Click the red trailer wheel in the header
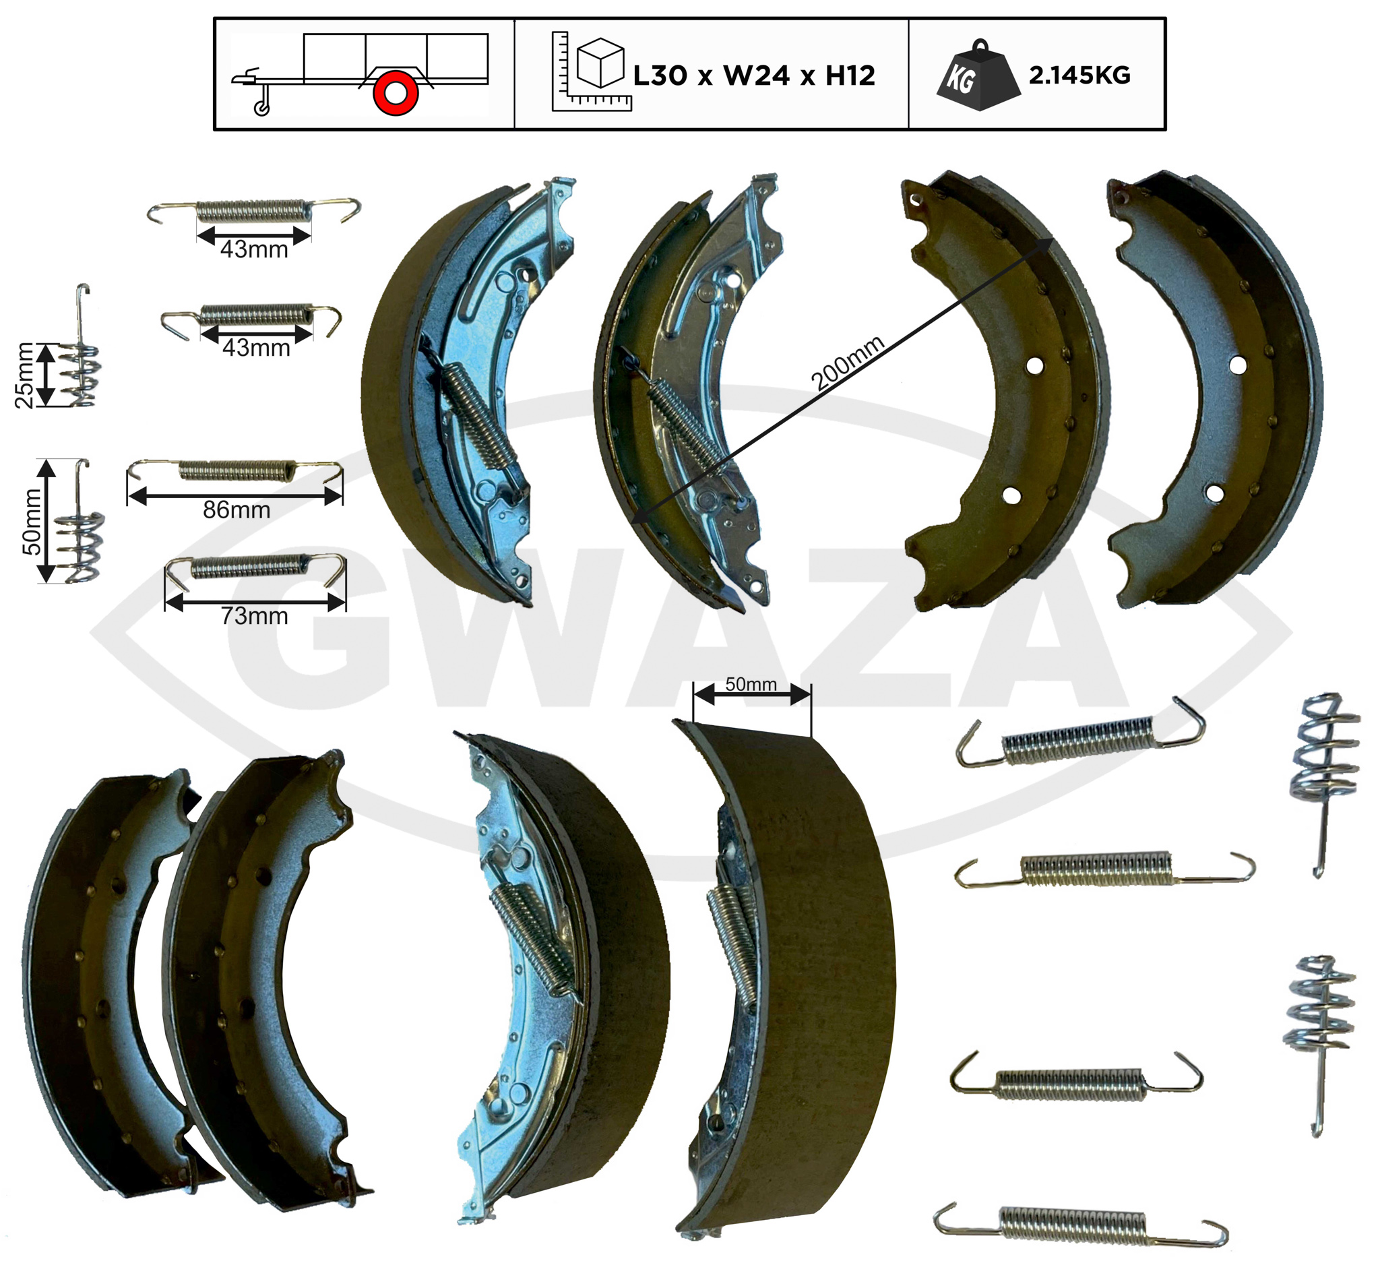[x=396, y=92]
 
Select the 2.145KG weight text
[x=1079, y=75]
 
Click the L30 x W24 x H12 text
[x=753, y=75]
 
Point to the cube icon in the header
[x=600, y=63]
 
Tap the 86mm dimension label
[x=236, y=510]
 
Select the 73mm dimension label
[x=254, y=615]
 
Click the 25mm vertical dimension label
[x=24, y=375]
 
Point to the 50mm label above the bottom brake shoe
[x=751, y=684]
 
